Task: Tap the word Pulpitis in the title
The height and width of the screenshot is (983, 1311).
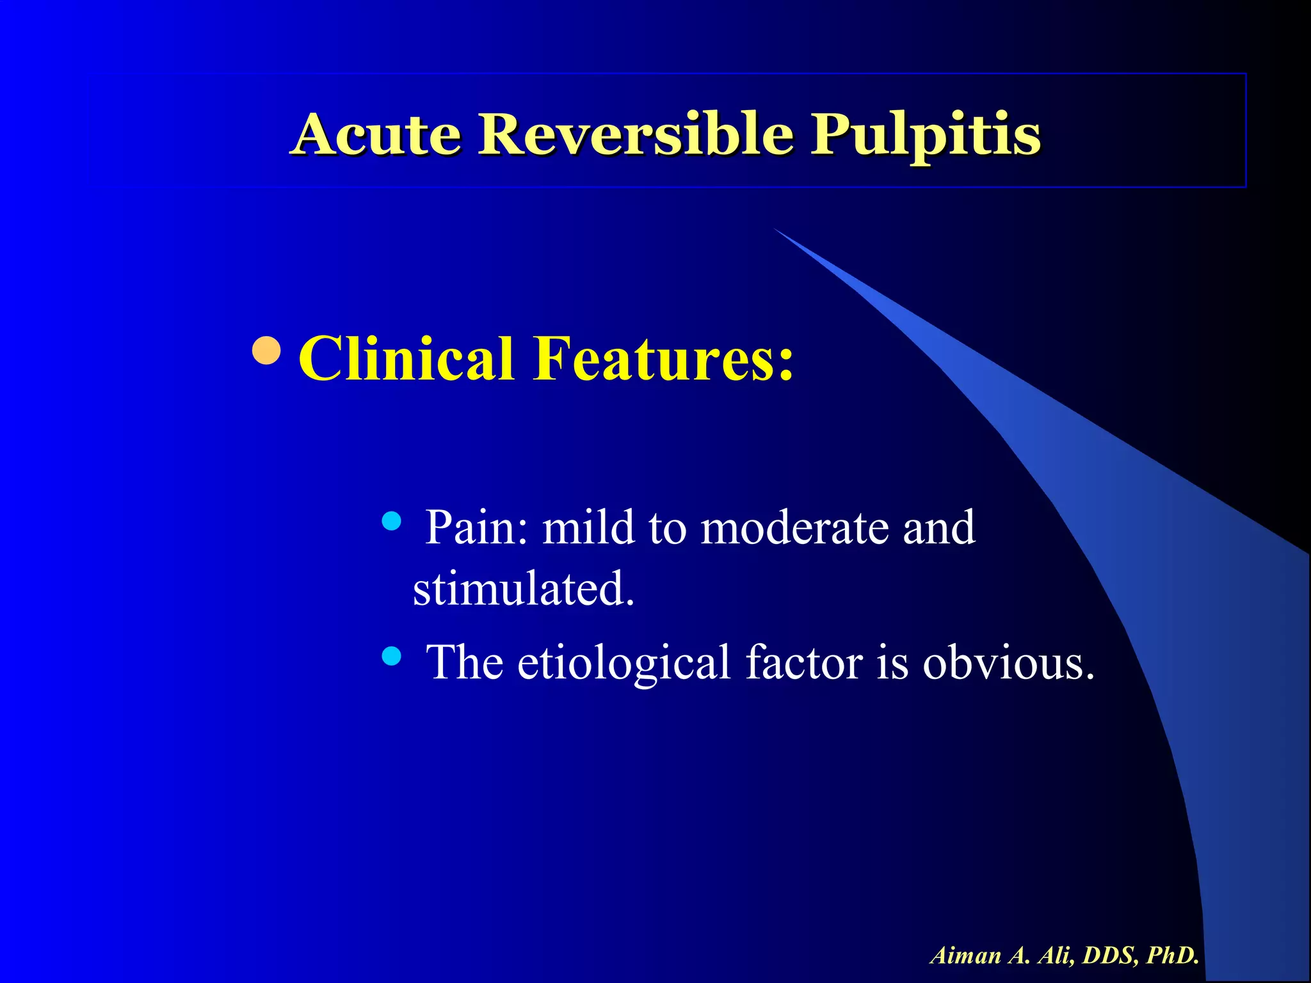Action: point(926,135)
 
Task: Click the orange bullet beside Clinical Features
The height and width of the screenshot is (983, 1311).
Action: point(266,350)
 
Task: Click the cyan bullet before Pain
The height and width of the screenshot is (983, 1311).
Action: point(391,521)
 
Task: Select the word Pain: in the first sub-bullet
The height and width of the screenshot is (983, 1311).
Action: point(478,527)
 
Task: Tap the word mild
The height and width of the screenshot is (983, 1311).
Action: point(588,527)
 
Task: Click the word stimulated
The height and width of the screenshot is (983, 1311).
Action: point(524,588)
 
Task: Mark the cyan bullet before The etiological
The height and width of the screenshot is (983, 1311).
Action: point(391,655)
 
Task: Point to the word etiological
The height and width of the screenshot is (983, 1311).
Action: point(624,662)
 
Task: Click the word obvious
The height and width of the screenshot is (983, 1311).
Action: point(1008,662)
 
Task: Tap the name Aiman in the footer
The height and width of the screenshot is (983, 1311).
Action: point(966,955)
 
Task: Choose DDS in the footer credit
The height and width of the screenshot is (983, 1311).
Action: point(1111,955)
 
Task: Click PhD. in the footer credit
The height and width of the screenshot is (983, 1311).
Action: point(1173,955)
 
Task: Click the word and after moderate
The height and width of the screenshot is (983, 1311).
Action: point(939,527)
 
